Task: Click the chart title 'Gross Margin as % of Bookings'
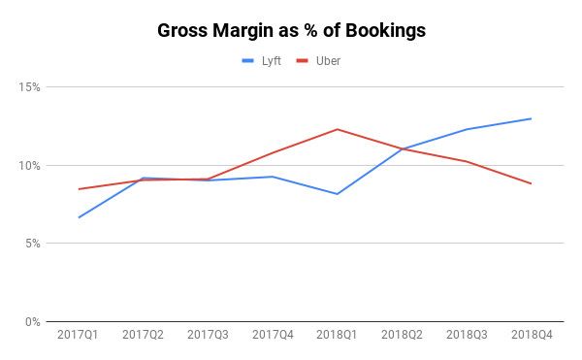[291, 30]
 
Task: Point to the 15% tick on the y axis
[29, 87]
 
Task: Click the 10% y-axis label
[29, 165]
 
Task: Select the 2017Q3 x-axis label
[209, 335]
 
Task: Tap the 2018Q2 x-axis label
[402, 335]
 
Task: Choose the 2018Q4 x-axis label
[531, 335]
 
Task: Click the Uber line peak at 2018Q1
[338, 129]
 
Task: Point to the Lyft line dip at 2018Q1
[338, 194]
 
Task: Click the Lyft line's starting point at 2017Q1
[80, 217]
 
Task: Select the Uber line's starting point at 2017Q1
[80, 189]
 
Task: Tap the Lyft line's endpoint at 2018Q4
[531, 118]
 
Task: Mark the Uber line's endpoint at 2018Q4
[531, 183]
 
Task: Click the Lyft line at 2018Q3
[467, 129]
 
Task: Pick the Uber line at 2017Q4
[273, 152]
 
